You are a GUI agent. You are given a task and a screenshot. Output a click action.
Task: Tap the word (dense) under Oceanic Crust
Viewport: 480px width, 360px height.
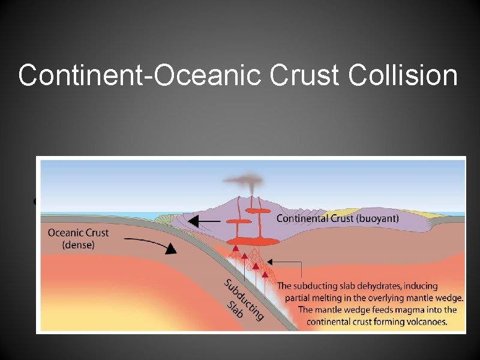point(78,245)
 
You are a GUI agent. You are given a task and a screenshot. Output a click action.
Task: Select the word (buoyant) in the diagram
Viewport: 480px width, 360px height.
point(374,219)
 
